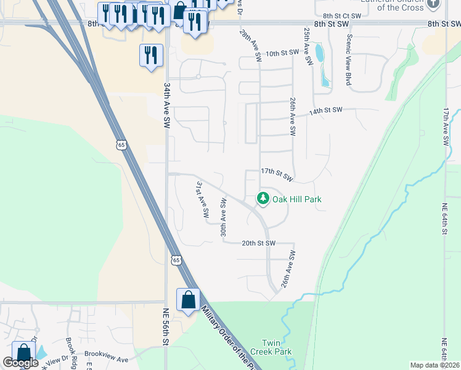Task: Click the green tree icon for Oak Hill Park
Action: click(x=263, y=198)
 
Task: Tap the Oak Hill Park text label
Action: click(x=298, y=199)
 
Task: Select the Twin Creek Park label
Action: click(x=275, y=347)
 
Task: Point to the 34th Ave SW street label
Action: click(x=166, y=106)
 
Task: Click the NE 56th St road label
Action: click(x=166, y=328)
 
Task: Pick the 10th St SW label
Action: click(x=282, y=54)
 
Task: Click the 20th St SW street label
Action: click(x=258, y=243)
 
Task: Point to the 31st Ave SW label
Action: click(x=202, y=200)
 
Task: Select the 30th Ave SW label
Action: click(x=224, y=217)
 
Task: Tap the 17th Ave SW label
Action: click(x=445, y=126)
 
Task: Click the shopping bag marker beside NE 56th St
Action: click(x=188, y=300)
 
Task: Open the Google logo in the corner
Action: click(x=21, y=362)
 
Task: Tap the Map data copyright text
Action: click(x=434, y=365)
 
